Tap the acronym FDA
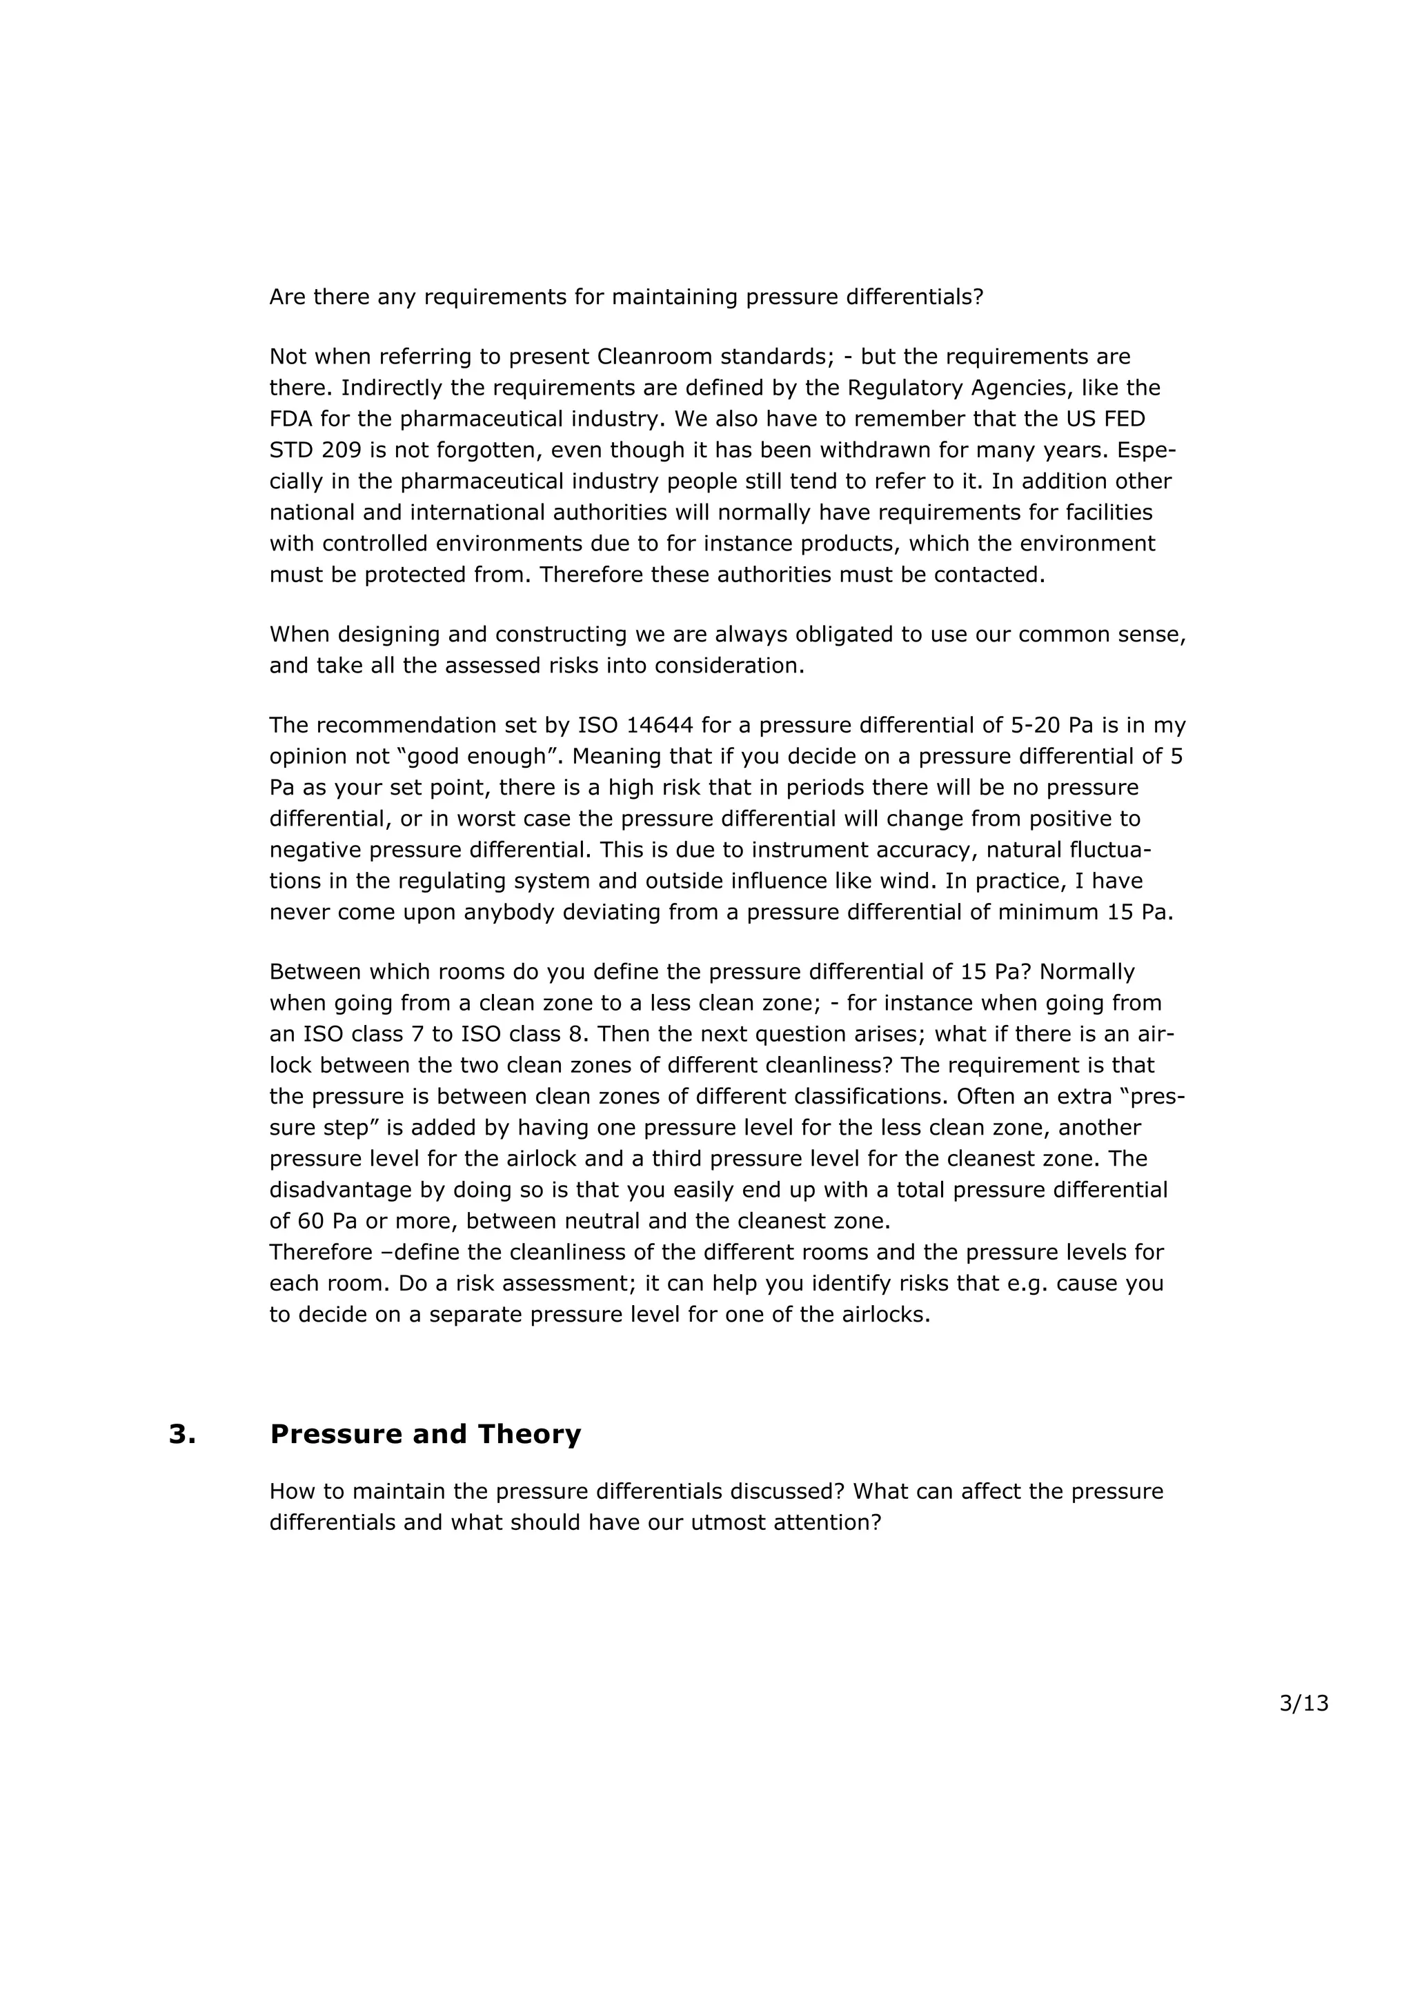(x=290, y=419)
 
